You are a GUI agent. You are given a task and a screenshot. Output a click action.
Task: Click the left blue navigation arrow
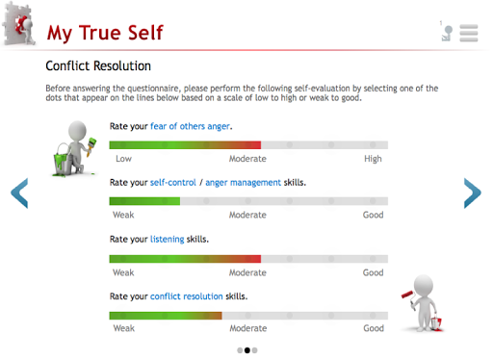(x=19, y=193)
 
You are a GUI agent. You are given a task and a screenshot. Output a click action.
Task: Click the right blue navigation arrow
(x=473, y=193)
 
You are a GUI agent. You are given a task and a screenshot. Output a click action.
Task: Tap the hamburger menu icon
(x=469, y=33)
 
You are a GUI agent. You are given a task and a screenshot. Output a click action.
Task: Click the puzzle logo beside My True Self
(x=19, y=23)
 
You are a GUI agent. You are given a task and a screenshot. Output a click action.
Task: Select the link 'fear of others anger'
(x=190, y=126)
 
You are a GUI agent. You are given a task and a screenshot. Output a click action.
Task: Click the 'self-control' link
(x=173, y=183)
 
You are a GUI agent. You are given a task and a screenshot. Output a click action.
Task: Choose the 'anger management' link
(x=243, y=183)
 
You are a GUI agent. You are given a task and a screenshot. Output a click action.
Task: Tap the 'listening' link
(x=168, y=240)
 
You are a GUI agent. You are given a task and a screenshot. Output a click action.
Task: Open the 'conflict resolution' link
(x=187, y=296)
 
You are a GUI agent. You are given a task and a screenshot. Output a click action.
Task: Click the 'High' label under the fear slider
(x=373, y=159)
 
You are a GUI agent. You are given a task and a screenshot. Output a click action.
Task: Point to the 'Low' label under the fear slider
(x=123, y=159)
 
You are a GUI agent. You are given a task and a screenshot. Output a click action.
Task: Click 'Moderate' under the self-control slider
(x=247, y=215)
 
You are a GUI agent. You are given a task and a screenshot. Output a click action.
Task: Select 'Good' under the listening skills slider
(x=373, y=272)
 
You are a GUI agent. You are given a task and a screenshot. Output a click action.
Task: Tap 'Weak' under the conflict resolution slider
(x=124, y=328)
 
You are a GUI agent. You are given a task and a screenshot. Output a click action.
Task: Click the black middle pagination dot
(x=247, y=350)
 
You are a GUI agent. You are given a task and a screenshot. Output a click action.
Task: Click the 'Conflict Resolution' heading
(x=98, y=66)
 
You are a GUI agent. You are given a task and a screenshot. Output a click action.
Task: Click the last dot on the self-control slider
(x=373, y=201)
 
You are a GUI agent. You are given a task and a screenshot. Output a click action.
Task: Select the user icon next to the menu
(x=447, y=34)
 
